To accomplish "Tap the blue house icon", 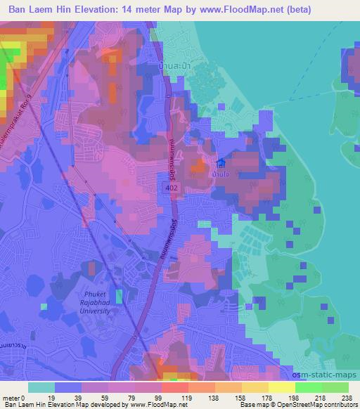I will click(x=221, y=163).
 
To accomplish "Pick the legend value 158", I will click(x=232, y=398).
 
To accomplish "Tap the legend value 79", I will click(x=120, y=398).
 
